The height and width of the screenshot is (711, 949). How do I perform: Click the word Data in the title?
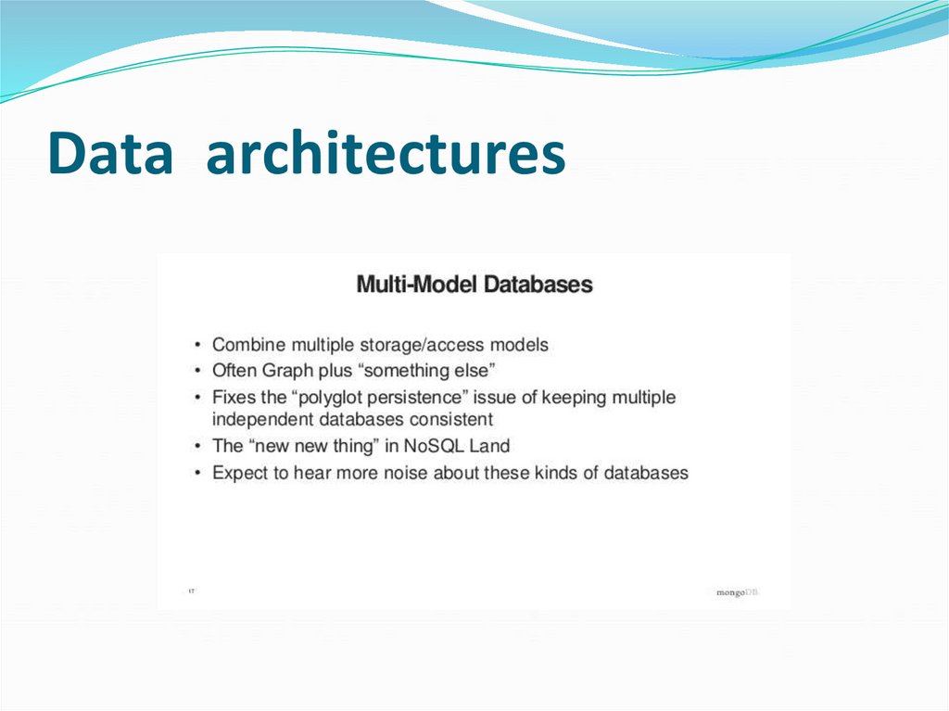coord(110,154)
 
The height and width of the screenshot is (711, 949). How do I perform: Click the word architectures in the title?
coord(386,154)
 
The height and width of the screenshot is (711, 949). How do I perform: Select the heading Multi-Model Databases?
coord(474,284)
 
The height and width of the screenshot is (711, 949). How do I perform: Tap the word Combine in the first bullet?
coord(248,345)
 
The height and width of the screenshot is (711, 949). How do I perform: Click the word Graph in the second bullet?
coord(288,371)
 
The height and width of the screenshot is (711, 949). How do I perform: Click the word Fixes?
coord(234,397)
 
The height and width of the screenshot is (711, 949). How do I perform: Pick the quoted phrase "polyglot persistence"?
coord(390,397)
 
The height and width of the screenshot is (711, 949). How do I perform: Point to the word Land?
coord(491,446)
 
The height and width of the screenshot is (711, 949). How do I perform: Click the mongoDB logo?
coord(737,592)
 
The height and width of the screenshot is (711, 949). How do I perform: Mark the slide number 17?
coord(191,590)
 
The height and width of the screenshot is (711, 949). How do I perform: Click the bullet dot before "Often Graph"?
coord(197,372)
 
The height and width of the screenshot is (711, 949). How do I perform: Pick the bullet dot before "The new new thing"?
coord(197,447)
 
